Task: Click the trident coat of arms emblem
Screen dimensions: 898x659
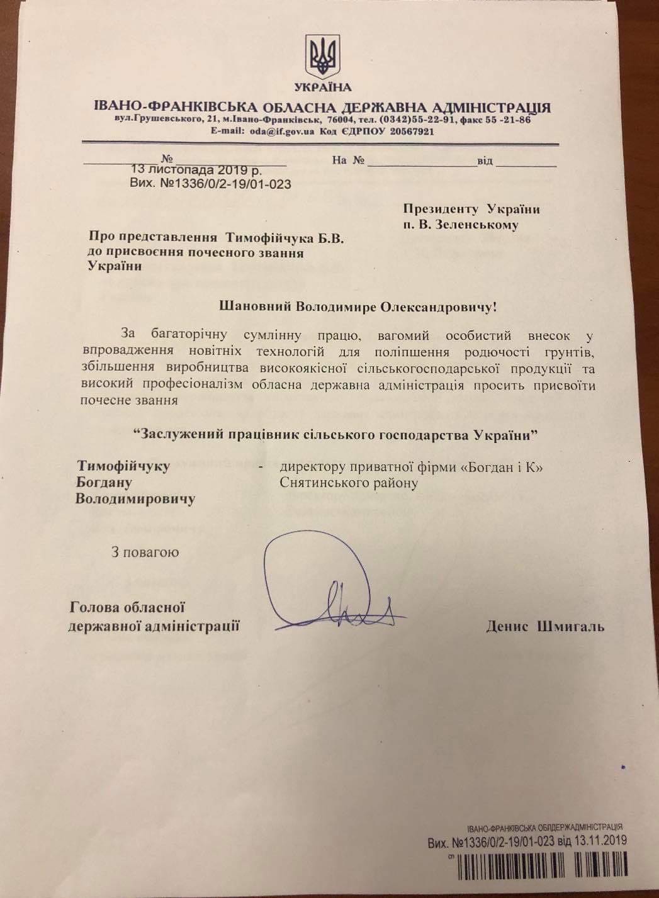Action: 323,55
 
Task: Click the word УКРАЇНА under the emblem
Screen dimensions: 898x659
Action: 323,87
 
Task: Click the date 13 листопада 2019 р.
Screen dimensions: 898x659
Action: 196,170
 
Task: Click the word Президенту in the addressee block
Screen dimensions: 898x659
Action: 441,210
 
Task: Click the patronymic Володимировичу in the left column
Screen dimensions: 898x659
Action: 135,500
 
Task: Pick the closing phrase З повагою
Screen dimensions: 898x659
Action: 145,553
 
